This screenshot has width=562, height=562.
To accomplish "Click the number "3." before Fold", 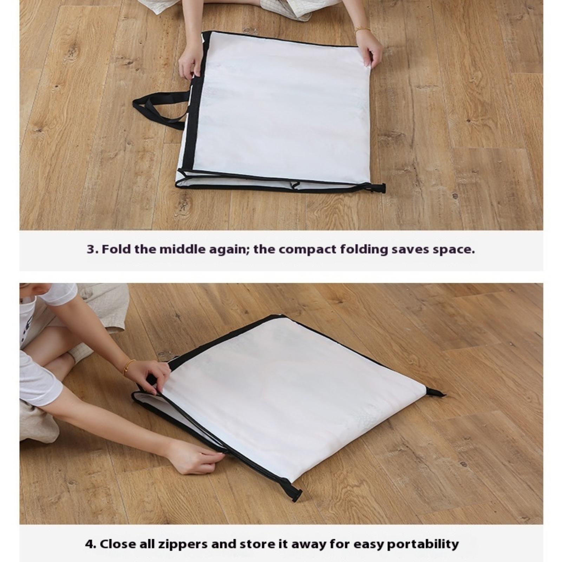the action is coord(92,249).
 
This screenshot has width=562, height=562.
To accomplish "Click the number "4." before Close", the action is coord(91,544).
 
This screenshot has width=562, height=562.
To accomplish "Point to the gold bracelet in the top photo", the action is coord(362,30).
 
